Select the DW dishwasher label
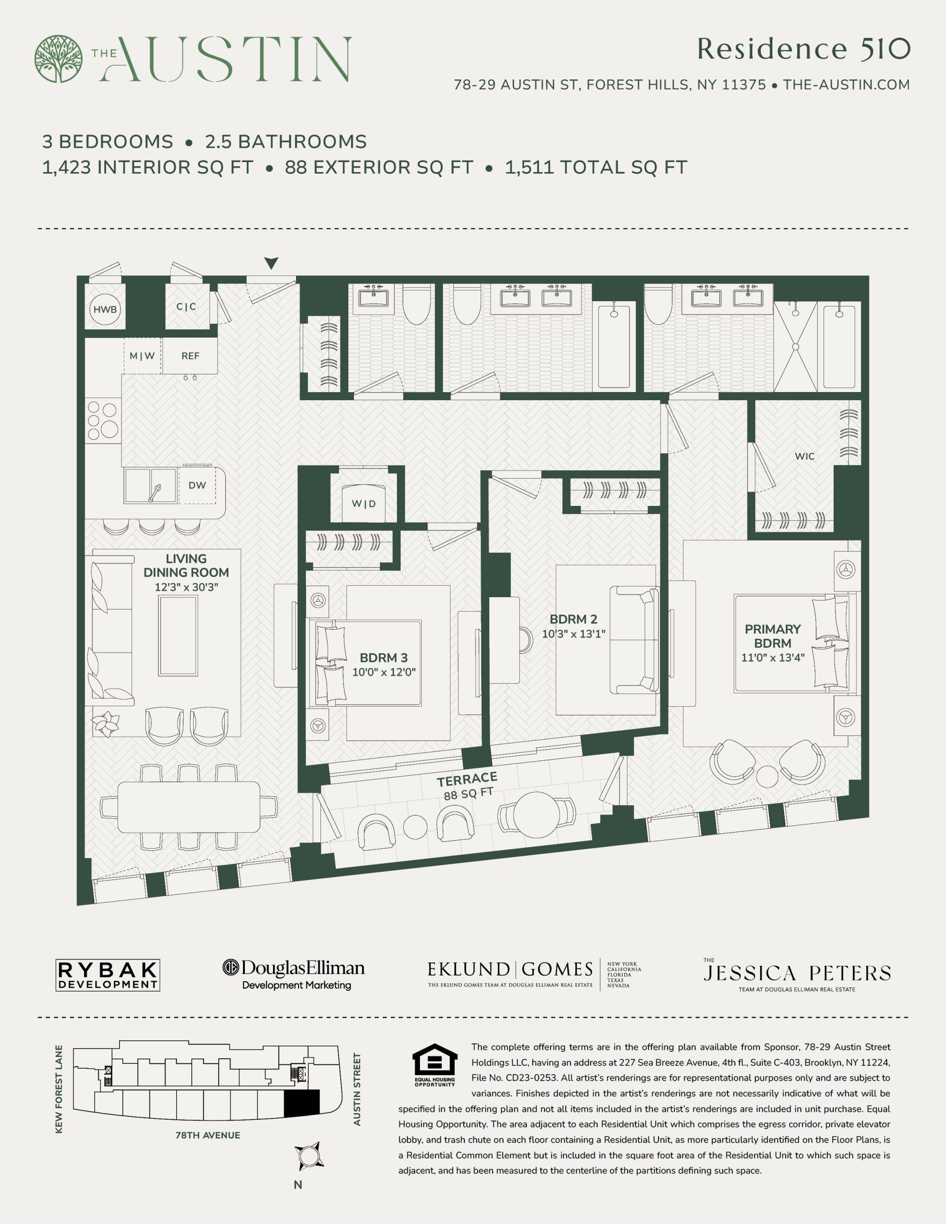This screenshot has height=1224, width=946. [197, 485]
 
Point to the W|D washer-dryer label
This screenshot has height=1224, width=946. [364, 504]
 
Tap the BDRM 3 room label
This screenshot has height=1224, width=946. [384, 657]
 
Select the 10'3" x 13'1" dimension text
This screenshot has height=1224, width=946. [573, 634]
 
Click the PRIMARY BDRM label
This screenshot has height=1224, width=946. [773, 636]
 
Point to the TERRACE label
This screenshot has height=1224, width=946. [467, 779]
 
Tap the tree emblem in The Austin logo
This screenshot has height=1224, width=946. [58, 59]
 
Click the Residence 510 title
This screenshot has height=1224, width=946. [803, 49]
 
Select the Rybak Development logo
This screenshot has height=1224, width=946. [108, 975]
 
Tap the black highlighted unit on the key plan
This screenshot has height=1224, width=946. [302, 1103]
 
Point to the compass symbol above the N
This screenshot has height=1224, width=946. [309, 1156]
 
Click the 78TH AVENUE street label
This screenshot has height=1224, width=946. [208, 1136]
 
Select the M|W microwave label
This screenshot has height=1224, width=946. [142, 356]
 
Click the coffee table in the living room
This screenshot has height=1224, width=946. [178, 635]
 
